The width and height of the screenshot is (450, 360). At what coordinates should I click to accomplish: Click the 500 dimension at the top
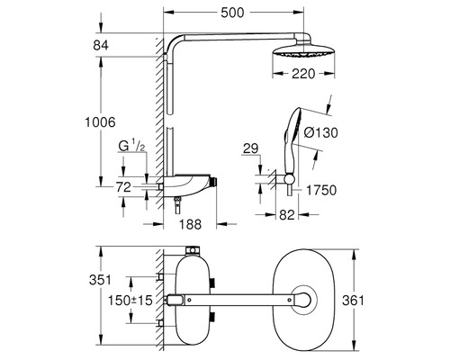[x=238, y=14]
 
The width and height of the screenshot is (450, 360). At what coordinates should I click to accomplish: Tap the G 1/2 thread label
[x=131, y=145]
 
